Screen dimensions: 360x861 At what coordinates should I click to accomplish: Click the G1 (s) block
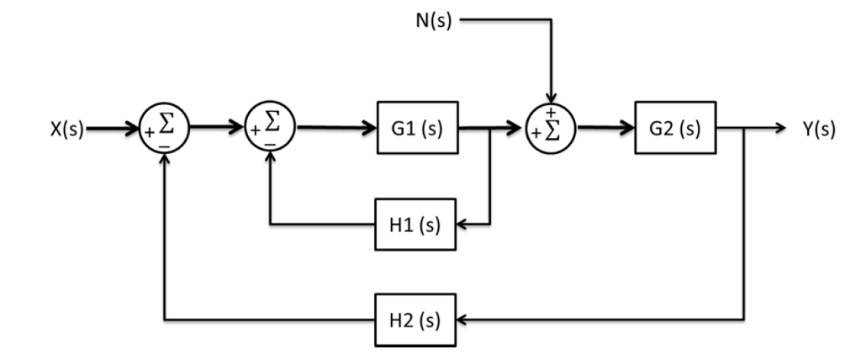click(416, 131)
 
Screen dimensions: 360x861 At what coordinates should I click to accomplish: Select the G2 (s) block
click(675, 131)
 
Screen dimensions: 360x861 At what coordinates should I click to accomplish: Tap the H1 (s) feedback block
click(416, 225)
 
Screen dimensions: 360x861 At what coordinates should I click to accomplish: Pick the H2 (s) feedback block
click(416, 320)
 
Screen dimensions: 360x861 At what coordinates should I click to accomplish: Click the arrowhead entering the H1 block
click(463, 225)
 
